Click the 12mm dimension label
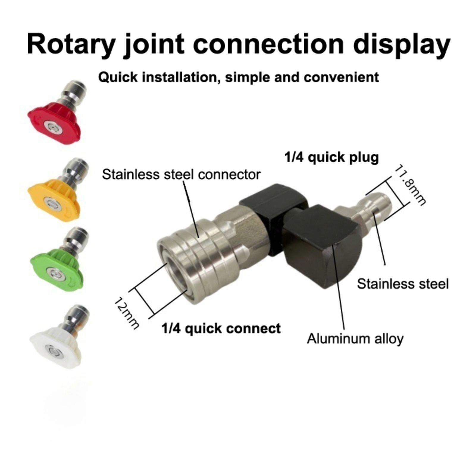(x=126, y=312)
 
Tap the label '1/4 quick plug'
(x=331, y=157)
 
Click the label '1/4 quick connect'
(x=221, y=328)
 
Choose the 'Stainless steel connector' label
(x=181, y=174)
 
